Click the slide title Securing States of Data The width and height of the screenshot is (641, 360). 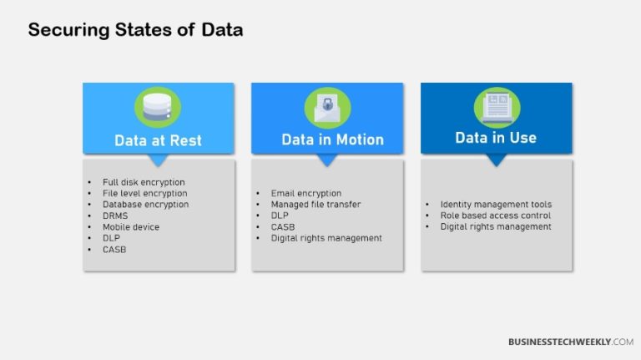pyautogui.click(x=135, y=30)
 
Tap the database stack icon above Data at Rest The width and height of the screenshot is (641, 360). pyautogui.click(x=158, y=108)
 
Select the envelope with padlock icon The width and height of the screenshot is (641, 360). pyautogui.click(x=327, y=108)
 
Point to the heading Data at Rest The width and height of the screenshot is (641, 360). pyautogui.click(x=158, y=140)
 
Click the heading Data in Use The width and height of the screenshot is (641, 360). pyautogui.click(x=496, y=138)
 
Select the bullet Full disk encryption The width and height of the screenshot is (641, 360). pyautogui.click(x=144, y=182)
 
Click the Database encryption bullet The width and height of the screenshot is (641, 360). pyautogui.click(x=145, y=204)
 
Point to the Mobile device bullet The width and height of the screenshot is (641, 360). pyautogui.click(x=130, y=226)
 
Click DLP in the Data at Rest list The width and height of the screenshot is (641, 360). pyautogui.click(x=112, y=237)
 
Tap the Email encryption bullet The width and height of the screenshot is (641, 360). pyautogui.click(x=305, y=193)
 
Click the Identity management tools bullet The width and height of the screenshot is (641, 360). pyautogui.click(x=496, y=204)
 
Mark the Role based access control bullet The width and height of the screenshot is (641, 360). pyautogui.click(x=496, y=215)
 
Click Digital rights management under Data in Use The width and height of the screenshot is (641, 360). pyautogui.click(x=496, y=226)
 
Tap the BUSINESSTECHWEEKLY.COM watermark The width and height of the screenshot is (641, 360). pyautogui.click(x=570, y=342)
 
